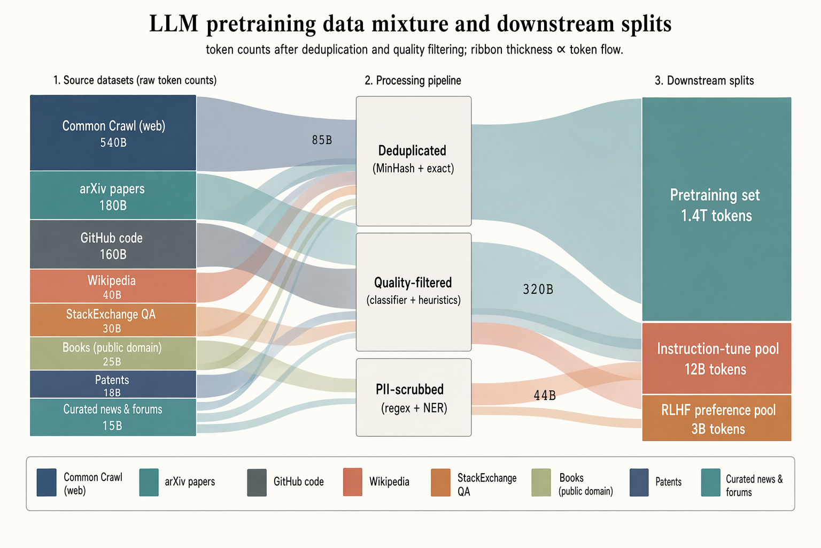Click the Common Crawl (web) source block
(113, 133)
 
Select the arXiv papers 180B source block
(113, 196)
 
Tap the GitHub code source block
(113, 245)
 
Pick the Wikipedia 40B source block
(113, 286)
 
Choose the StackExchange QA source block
(113, 320)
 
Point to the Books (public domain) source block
(113, 353)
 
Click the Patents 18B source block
(113, 384)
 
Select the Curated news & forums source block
(113, 417)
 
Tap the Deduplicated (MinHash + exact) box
(414, 161)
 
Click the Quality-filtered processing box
(414, 292)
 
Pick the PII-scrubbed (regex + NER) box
(414, 398)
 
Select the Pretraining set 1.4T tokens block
(716, 209)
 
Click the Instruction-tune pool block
(716, 359)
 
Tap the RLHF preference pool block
(716, 418)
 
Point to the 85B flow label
(322, 140)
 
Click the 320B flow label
(538, 290)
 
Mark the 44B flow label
(545, 395)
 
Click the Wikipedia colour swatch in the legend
(352, 482)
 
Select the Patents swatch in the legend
(639, 482)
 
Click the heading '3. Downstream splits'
(704, 81)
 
